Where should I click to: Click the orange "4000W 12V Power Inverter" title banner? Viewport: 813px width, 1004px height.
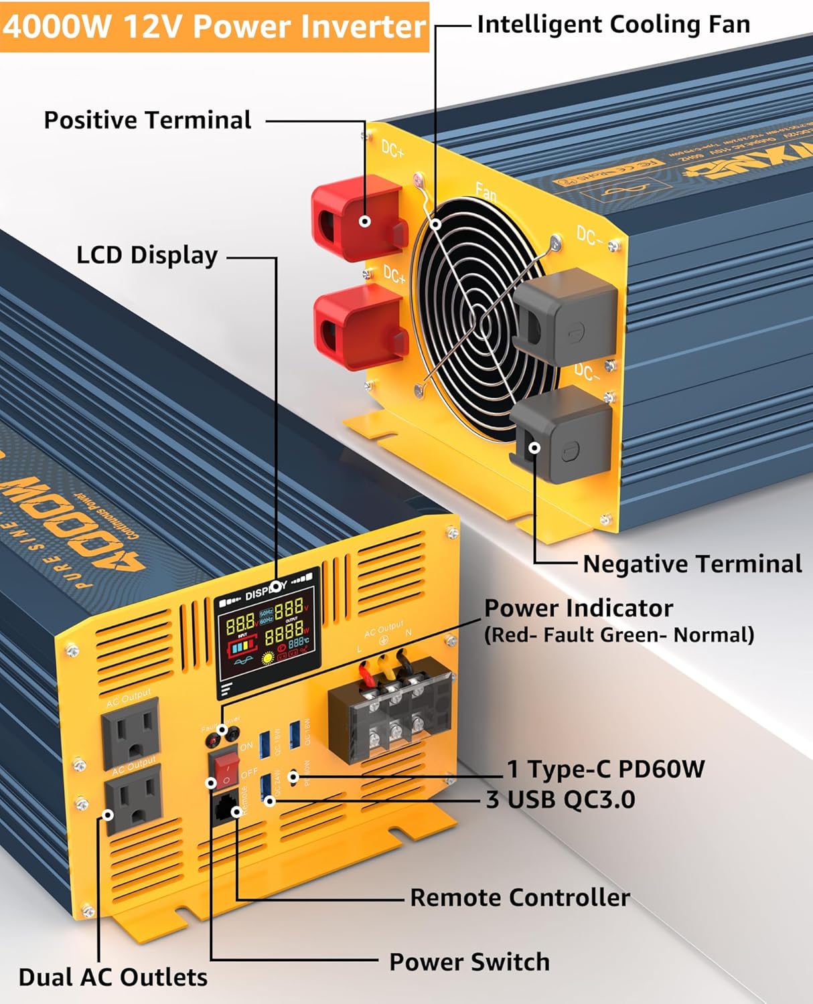click(x=214, y=27)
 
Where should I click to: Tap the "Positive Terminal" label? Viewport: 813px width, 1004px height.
click(x=147, y=120)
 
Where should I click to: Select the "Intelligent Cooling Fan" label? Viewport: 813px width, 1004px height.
click(x=613, y=25)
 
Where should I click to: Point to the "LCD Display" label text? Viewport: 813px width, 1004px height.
click(x=147, y=255)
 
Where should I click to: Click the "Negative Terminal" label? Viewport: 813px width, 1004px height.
click(x=692, y=564)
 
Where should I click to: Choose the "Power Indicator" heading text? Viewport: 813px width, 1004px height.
click(x=578, y=608)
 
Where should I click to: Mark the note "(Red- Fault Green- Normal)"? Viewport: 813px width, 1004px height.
click(x=619, y=635)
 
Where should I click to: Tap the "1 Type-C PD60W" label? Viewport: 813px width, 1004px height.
click(x=605, y=769)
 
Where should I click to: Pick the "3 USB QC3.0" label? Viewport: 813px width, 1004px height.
click(x=561, y=799)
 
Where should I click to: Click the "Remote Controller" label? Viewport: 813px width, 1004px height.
click(x=520, y=898)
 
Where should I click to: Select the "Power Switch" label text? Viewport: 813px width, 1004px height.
click(x=469, y=962)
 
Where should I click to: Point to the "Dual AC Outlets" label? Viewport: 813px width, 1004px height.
click(x=113, y=977)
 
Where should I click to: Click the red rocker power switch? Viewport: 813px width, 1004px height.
click(x=224, y=770)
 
